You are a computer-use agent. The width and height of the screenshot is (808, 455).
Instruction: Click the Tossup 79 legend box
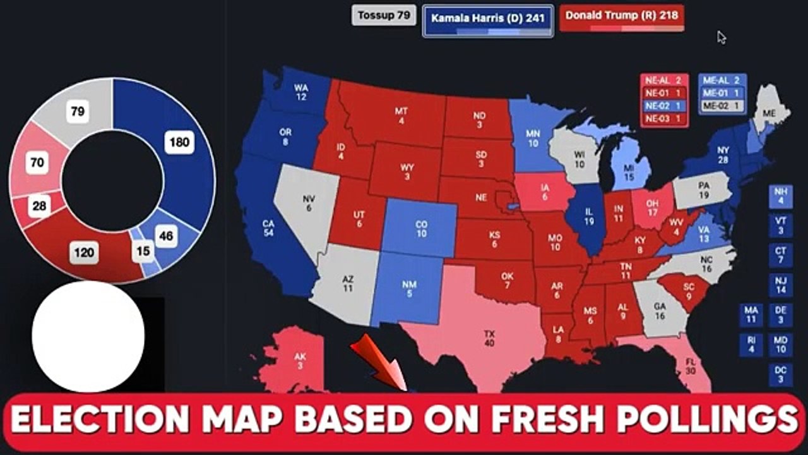click(x=384, y=16)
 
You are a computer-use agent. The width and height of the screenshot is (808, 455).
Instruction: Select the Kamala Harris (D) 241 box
click(x=487, y=21)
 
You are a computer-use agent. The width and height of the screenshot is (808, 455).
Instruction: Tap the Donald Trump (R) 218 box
click(x=622, y=18)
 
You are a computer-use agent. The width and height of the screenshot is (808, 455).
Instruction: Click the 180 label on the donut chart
click(x=179, y=142)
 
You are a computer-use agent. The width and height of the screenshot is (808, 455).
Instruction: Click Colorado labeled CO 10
click(x=420, y=229)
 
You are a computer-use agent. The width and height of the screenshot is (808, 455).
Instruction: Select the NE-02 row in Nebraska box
click(x=664, y=106)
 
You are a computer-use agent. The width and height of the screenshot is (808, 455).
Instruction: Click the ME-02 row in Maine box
click(x=722, y=106)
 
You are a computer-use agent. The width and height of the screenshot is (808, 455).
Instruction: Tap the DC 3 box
click(x=780, y=374)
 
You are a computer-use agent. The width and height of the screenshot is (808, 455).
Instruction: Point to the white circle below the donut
click(x=88, y=337)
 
